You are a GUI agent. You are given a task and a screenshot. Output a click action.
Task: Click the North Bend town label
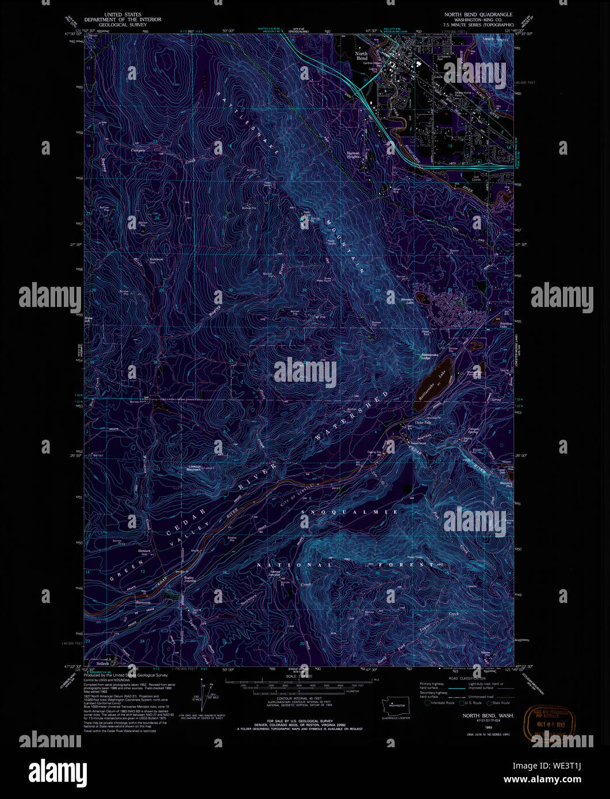(362, 56)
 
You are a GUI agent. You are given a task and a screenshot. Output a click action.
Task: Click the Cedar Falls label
(423, 423)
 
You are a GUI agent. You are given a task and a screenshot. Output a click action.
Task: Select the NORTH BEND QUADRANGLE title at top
(478, 14)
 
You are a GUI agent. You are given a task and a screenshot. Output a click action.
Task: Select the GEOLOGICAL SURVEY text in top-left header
(122, 25)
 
